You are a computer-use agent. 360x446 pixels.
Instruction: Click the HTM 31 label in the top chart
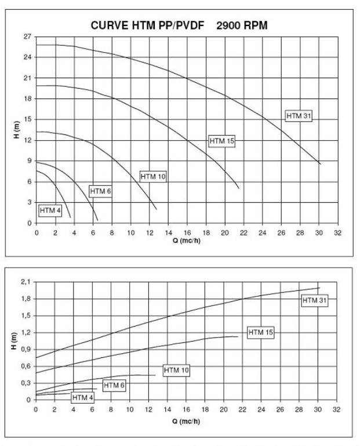tap(299, 116)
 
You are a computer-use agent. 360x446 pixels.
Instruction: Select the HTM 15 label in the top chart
tap(221, 141)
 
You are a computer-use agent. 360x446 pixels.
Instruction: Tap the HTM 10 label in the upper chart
tap(153, 177)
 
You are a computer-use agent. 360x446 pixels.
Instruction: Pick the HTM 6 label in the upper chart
tap(100, 191)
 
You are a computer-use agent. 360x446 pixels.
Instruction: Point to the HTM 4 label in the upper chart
tap(50, 210)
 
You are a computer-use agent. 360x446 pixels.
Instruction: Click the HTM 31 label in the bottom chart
tap(315, 299)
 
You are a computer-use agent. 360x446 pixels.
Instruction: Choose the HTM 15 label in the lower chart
tap(260, 332)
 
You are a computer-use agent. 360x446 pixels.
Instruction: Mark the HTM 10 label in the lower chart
tap(176, 370)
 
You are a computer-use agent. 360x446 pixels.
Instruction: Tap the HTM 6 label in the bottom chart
tap(114, 385)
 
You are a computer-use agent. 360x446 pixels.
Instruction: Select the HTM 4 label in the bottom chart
tap(82, 397)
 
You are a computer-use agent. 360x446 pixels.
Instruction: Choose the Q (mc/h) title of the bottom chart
tap(186, 421)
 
